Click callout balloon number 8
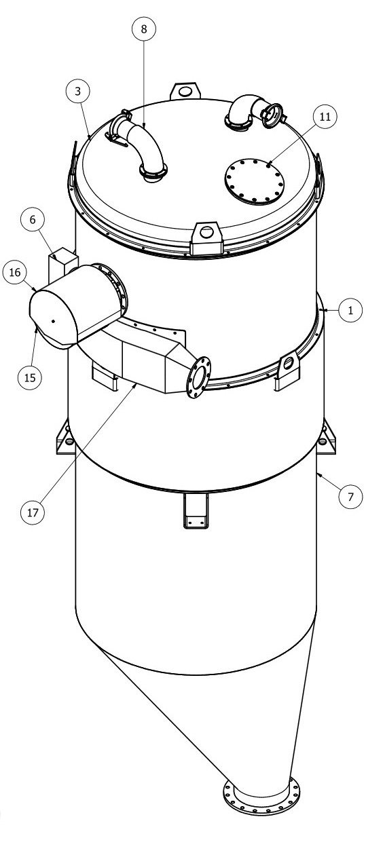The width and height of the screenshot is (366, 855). click(x=144, y=29)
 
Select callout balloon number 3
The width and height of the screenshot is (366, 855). click(x=78, y=91)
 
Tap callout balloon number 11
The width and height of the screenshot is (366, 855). click(x=325, y=117)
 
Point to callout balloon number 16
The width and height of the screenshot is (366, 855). click(x=15, y=272)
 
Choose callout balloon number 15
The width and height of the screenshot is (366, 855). click(x=30, y=377)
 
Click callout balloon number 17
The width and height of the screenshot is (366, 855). click(x=33, y=512)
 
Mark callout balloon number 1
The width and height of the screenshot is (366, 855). click(x=350, y=310)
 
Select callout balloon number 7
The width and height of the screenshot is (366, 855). click(x=350, y=497)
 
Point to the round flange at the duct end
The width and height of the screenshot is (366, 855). click(x=199, y=377)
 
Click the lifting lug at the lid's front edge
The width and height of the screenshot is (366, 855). click(x=206, y=238)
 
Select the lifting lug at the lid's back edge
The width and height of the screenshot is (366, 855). click(x=185, y=92)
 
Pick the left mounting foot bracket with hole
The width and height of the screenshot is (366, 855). click(x=65, y=438)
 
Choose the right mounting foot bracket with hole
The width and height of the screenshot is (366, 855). click(x=327, y=438)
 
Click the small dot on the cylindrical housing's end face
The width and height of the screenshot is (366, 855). click(x=53, y=320)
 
